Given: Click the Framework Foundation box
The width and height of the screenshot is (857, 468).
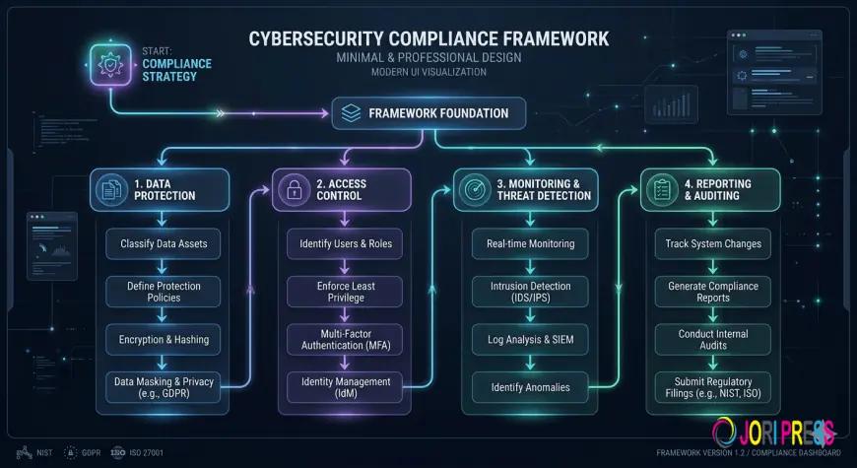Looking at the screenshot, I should [428, 113].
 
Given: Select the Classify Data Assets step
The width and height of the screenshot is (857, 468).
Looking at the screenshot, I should [164, 243].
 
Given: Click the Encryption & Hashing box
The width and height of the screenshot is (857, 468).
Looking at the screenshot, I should [164, 340].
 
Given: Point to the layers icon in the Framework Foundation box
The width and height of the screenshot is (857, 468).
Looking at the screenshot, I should [352, 113].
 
